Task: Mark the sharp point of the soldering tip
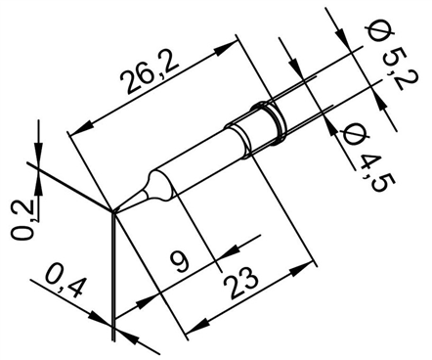click(x=113, y=210)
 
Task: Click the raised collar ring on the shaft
click(x=271, y=117)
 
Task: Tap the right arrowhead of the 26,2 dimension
click(x=234, y=43)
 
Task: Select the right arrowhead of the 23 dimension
click(x=313, y=263)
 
